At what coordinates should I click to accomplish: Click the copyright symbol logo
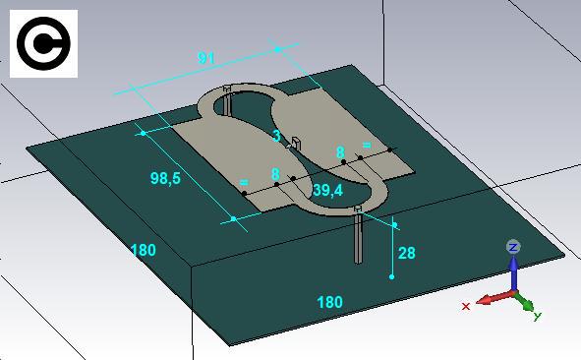[43, 43]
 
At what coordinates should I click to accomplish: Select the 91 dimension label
[206, 58]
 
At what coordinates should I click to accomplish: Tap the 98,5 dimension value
[165, 178]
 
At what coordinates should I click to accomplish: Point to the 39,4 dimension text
[328, 191]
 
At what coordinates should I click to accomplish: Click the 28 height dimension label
[406, 253]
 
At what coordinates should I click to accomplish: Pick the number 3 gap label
[276, 136]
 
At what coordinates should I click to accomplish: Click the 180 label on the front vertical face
[329, 302]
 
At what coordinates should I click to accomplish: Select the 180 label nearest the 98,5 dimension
[144, 250]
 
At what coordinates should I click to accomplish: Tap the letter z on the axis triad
[513, 247]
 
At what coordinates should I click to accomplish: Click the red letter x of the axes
[466, 306]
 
